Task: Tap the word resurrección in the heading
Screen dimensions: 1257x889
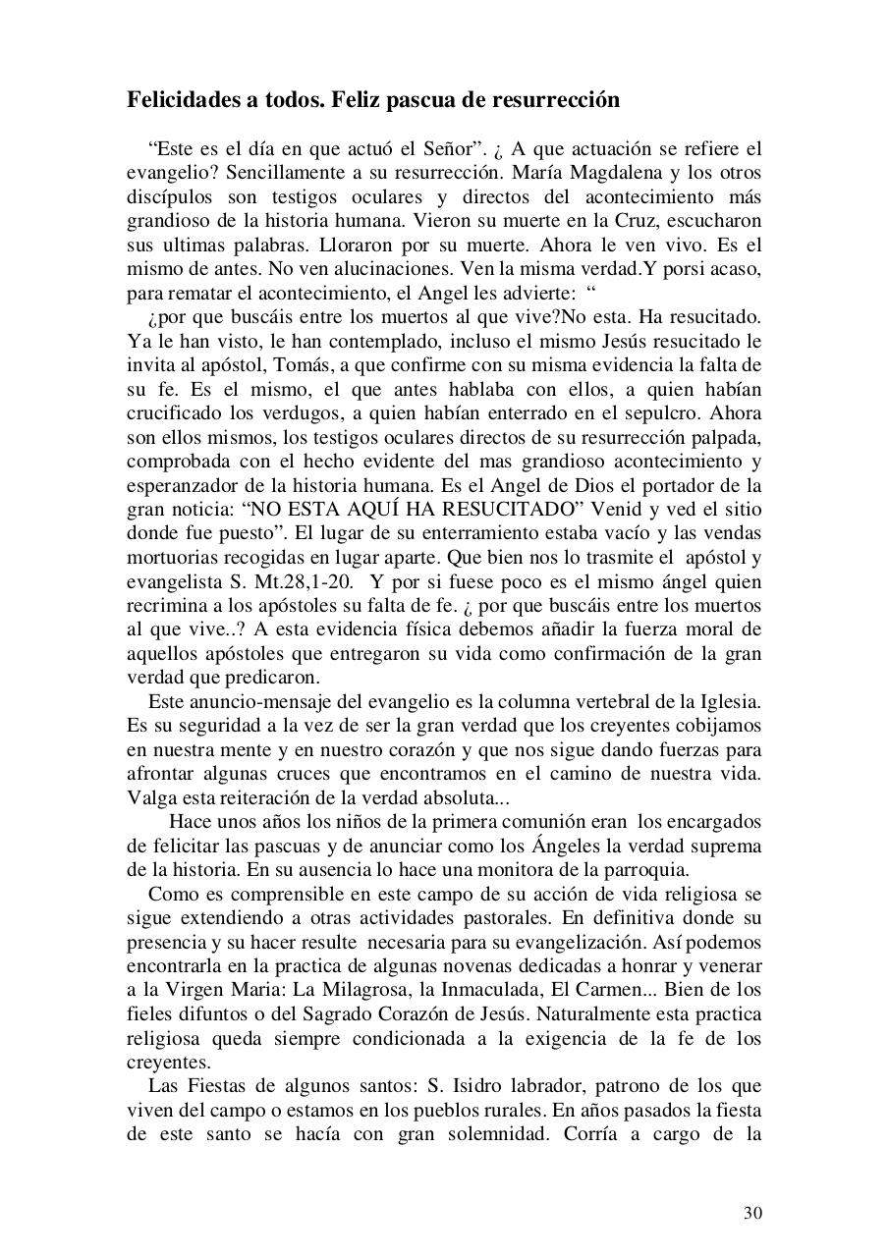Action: pyautogui.click(x=559, y=100)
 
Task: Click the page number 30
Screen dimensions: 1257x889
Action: pyautogui.click(x=751, y=1213)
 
